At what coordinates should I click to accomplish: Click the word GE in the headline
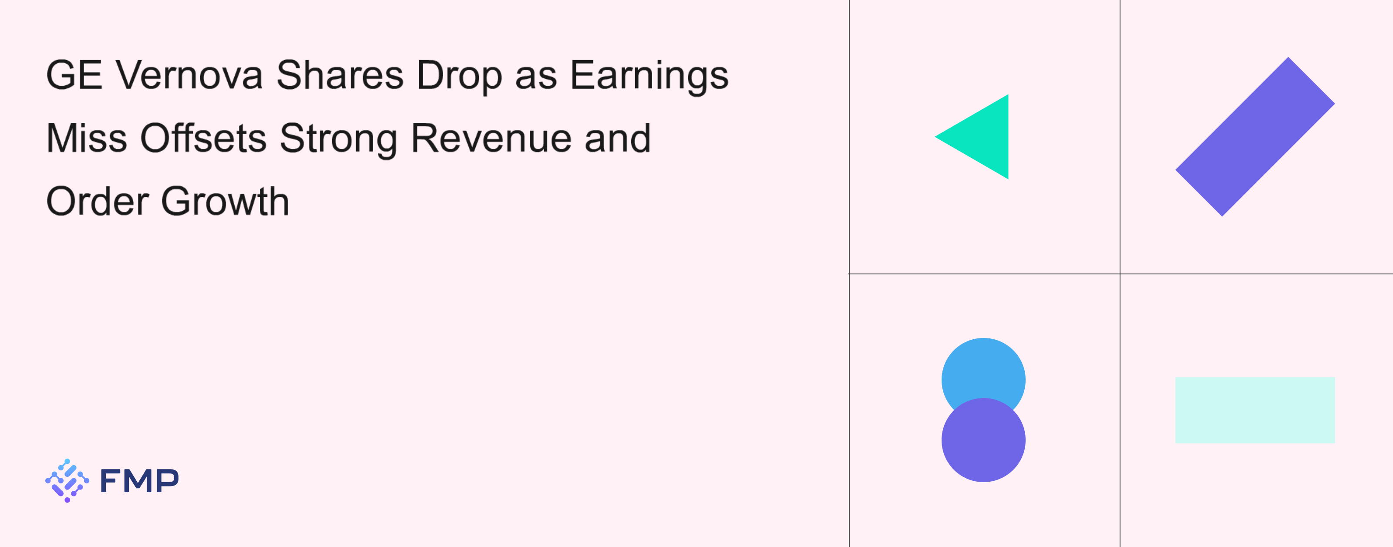pyautogui.click(x=74, y=75)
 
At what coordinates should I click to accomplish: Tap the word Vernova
pyautogui.click(x=189, y=75)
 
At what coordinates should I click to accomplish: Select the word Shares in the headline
pyautogui.click(x=340, y=75)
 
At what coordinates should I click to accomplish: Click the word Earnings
pyautogui.click(x=649, y=76)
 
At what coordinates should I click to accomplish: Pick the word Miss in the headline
pyautogui.click(x=87, y=138)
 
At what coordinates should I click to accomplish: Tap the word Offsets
pyautogui.click(x=203, y=138)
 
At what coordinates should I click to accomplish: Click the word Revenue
pyautogui.click(x=491, y=138)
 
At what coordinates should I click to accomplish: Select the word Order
pyautogui.click(x=98, y=201)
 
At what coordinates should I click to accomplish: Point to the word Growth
pyautogui.click(x=225, y=201)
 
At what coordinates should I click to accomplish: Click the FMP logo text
pyautogui.click(x=139, y=480)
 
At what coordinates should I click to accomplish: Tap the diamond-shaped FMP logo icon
pyautogui.click(x=67, y=480)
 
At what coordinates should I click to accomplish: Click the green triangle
pyautogui.click(x=982, y=137)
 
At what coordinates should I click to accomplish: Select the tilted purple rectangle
pyautogui.click(x=1255, y=137)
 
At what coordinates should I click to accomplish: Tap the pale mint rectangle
pyautogui.click(x=1255, y=410)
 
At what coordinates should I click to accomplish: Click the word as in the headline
pyautogui.click(x=535, y=76)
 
